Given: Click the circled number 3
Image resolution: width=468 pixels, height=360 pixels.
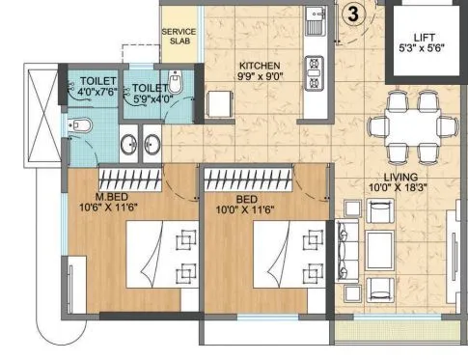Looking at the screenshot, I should pos(354,14).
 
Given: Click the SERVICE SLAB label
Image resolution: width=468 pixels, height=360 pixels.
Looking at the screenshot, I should pos(179,37).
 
